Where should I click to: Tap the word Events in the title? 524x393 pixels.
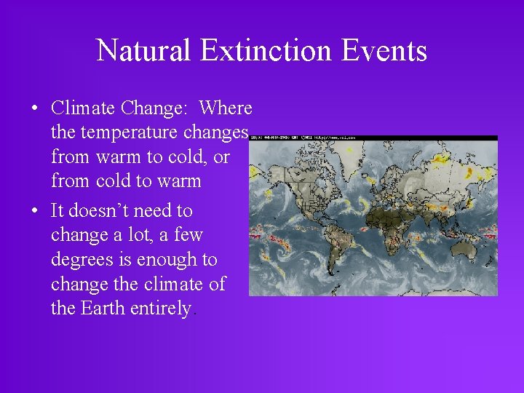coord(390,50)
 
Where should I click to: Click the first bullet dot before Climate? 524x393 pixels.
coord(35,109)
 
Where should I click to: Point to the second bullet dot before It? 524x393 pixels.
coord(35,212)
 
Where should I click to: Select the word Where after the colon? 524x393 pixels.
coord(226,108)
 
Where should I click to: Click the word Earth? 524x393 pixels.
coord(103,309)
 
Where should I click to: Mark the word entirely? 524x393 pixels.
coord(162,309)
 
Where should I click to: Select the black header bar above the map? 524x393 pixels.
coord(373,138)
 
